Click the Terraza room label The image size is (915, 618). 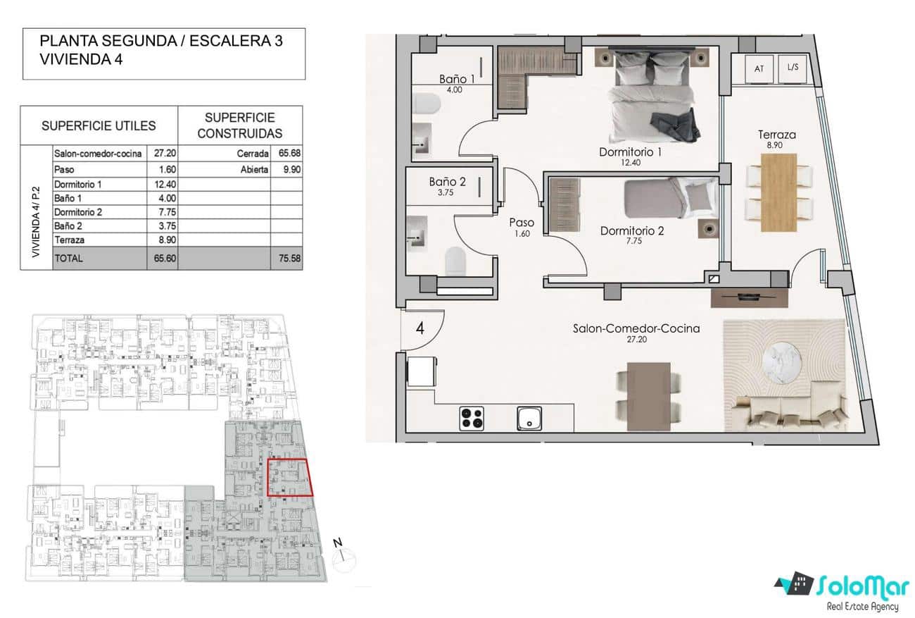[777, 135]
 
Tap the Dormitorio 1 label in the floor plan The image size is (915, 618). [631, 152]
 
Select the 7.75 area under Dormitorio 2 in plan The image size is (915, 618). [631, 241]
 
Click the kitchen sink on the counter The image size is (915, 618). [529, 418]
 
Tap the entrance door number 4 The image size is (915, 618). [419, 329]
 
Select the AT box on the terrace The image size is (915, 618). [759, 68]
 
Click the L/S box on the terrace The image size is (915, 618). [793, 68]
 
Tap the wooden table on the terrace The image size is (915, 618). [779, 192]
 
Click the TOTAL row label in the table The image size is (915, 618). [68, 258]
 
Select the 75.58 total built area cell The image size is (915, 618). [286, 258]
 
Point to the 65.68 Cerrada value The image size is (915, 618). [286, 153]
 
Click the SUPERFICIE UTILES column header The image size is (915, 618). [99, 125]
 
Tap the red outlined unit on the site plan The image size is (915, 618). [289, 478]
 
